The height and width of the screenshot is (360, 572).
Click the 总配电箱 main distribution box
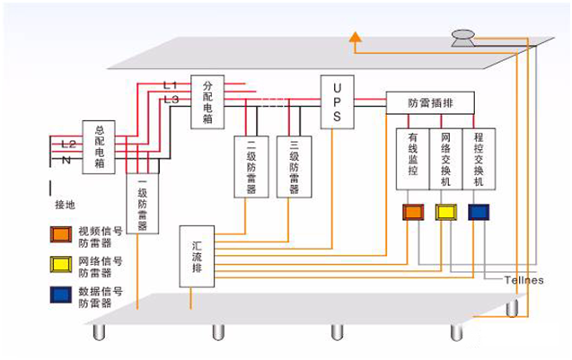(x=100, y=146)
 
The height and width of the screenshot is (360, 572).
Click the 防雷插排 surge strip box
(x=431, y=103)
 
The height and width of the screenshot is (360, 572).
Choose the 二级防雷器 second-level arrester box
(x=251, y=166)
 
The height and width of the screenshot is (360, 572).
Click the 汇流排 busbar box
(x=198, y=255)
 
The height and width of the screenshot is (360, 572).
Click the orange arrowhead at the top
(x=356, y=37)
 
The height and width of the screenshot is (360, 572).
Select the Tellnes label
(x=522, y=279)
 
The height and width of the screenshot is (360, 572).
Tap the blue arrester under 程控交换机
(x=479, y=212)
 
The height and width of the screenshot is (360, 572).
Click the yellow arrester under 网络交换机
(x=445, y=212)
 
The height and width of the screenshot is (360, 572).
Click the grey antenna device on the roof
(x=464, y=38)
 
